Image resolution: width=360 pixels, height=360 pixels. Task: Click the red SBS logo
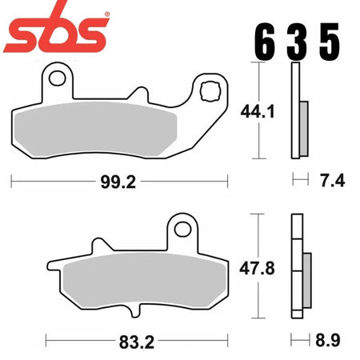click(x=56, y=30)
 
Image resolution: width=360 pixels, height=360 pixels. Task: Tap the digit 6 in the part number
click(x=264, y=41)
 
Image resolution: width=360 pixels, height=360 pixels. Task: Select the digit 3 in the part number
click(x=297, y=41)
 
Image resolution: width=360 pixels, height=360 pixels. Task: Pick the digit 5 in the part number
click(x=330, y=41)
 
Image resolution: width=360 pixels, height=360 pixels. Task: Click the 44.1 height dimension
click(x=258, y=111)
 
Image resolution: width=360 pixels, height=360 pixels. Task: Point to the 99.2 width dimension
click(x=118, y=182)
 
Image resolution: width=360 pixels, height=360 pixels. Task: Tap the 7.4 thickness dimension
click(x=333, y=180)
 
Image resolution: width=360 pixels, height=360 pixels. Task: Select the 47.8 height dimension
click(x=257, y=268)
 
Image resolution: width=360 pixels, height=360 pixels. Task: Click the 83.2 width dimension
click(x=137, y=342)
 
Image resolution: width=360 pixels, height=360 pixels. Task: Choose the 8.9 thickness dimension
click(x=328, y=340)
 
